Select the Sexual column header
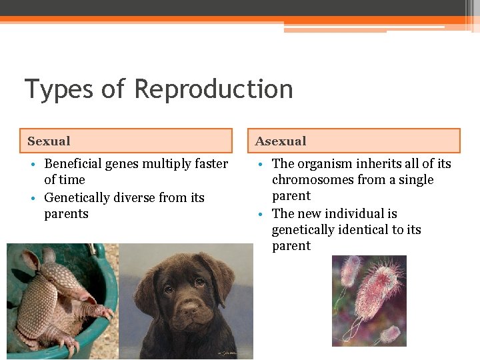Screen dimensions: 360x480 tap(49, 141)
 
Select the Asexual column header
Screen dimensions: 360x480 tap(281, 141)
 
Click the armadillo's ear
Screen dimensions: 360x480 tap(48, 255)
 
